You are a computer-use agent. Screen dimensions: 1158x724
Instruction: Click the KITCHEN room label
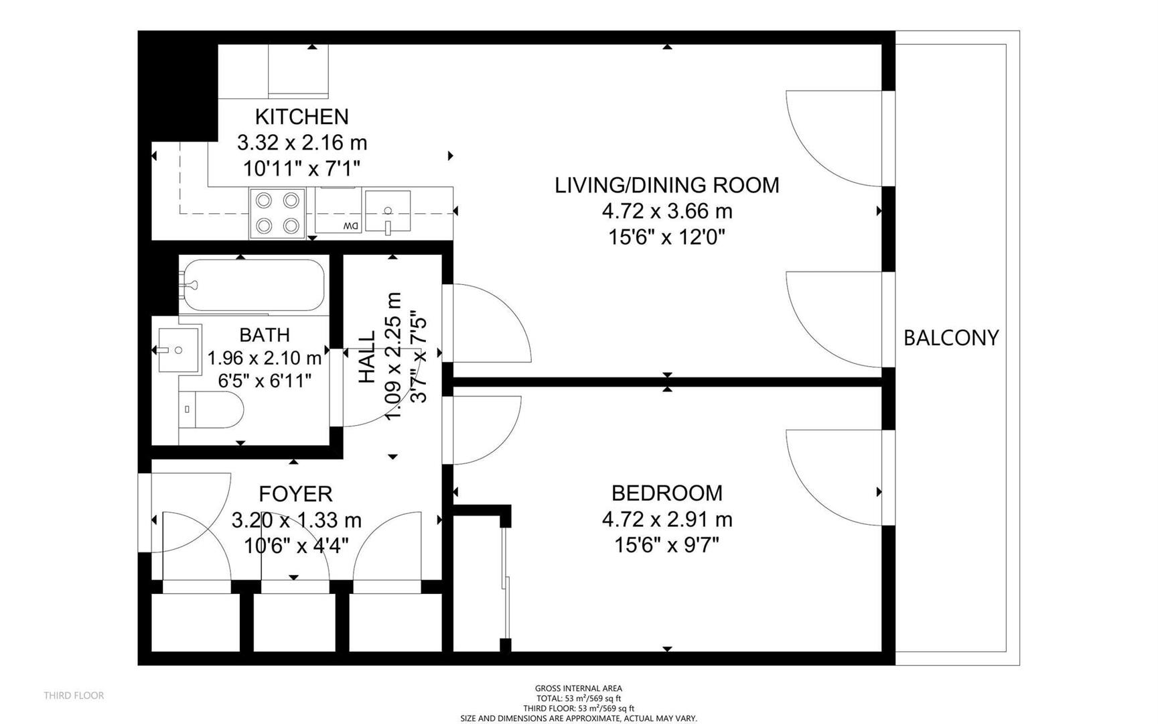click(x=301, y=117)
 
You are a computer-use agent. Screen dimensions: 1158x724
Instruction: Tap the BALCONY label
click(x=951, y=338)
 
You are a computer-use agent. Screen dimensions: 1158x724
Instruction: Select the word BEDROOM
click(x=667, y=493)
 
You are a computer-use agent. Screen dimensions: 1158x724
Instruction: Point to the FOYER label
click(x=295, y=494)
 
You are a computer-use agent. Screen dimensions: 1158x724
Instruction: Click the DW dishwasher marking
click(x=350, y=227)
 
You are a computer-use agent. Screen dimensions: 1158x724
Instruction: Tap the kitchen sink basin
click(x=388, y=212)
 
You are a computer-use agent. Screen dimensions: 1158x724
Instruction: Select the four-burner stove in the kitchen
click(x=277, y=213)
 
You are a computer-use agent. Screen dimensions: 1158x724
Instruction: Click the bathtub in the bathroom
click(x=252, y=285)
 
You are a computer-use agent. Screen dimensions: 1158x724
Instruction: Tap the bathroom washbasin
click(x=178, y=350)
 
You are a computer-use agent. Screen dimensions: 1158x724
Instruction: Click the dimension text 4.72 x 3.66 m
click(x=667, y=212)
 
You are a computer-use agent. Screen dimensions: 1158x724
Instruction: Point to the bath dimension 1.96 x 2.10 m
click(x=265, y=359)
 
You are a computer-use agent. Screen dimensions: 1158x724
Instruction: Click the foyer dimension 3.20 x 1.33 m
click(x=296, y=520)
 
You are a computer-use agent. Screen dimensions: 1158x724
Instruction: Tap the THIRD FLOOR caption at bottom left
click(x=74, y=696)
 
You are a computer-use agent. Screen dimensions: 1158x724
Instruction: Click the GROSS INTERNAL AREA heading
click(x=579, y=688)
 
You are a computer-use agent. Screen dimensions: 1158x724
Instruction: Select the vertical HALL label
click(x=367, y=357)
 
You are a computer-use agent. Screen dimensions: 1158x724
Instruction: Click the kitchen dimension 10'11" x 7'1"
click(x=301, y=169)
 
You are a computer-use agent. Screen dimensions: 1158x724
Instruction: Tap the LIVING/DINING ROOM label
click(x=667, y=185)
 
